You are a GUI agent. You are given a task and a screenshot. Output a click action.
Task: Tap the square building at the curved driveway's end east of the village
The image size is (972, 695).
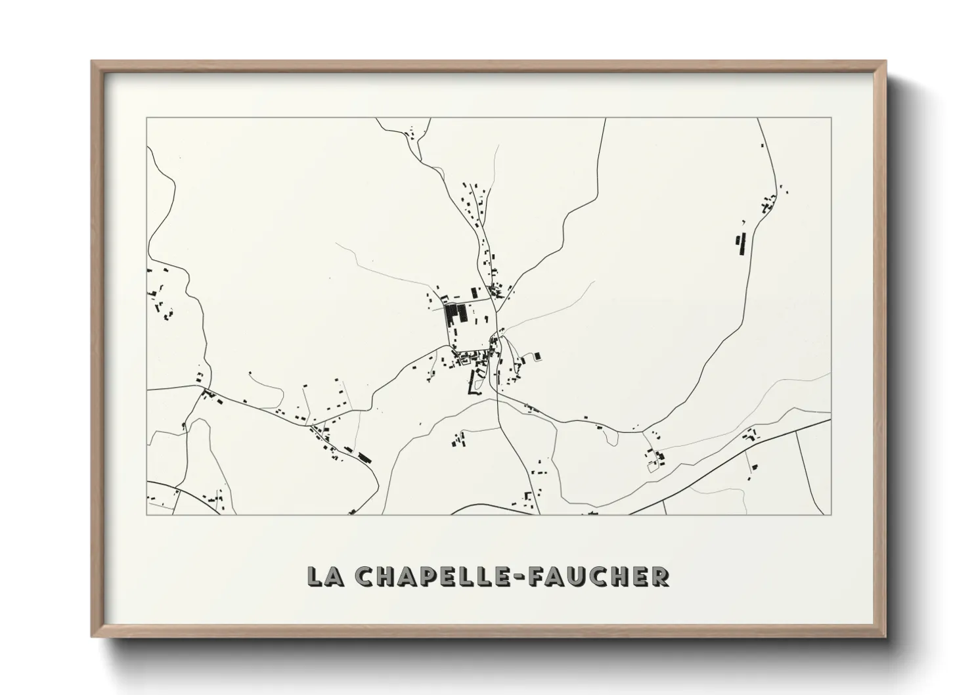tap(537, 355)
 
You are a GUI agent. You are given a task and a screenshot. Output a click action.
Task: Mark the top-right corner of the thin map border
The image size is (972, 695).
tap(831, 118)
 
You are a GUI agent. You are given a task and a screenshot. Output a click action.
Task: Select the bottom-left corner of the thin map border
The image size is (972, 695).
tap(146, 514)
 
